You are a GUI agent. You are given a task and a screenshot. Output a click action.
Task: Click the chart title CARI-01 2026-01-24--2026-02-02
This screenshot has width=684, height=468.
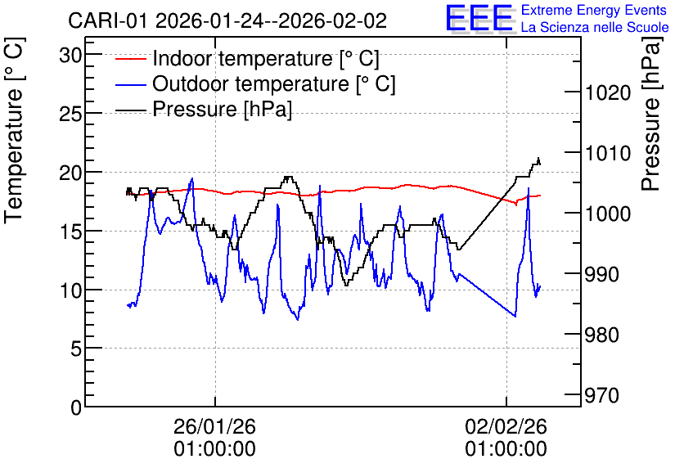pyautogui.click(x=227, y=20)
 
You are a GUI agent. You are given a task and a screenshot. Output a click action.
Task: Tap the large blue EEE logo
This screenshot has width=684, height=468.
pyautogui.click(x=480, y=18)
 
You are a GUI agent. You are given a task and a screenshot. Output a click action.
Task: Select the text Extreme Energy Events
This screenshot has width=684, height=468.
pyautogui.click(x=594, y=10)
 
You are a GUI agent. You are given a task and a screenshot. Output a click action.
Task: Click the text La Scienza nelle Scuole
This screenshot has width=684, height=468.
pyautogui.click(x=595, y=27)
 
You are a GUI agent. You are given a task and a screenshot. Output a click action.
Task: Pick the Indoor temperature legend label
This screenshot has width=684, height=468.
pyautogui.click(x=266, y=58)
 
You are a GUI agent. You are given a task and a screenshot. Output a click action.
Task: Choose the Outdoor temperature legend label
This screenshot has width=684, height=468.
pyautogui.click(x=274, y=83)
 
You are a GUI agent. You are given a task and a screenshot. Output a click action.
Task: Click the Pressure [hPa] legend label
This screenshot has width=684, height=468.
pyautogui.click(x=222, y=109)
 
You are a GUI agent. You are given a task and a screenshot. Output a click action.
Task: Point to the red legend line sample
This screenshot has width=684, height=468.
pyautogui.click(x=131, y=58)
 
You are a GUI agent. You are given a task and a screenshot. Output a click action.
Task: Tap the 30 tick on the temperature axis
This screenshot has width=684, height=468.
pyautogui.click(x=70, y=55)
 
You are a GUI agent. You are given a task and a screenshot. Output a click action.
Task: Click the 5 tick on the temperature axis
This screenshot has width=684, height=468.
pyautogui.click(x=76, y=349)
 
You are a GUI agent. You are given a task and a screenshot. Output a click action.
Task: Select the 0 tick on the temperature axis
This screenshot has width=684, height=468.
pyautogui.click(x=76, y=407)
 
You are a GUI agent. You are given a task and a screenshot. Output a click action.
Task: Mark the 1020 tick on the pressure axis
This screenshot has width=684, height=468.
pyautogui.click(x=608, y=92)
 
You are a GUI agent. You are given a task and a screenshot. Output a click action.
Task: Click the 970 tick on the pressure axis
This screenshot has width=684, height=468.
pyautogui.click(x=602, y=395)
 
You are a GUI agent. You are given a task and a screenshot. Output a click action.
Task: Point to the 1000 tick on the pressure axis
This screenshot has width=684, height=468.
pyautogui.click(x=608, y=214)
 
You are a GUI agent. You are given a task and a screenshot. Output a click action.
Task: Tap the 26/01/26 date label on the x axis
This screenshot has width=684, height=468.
pyautogui.click(x=214, y=426)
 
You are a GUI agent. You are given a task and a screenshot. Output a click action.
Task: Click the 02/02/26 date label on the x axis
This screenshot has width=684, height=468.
pyautogui.click(x=506, y=426)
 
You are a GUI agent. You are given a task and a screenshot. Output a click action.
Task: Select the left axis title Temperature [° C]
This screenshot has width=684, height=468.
pyautogui.click(x=14, y=131)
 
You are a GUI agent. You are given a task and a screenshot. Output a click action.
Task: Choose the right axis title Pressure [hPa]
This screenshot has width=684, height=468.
pyautogui.click(x=652, y=114)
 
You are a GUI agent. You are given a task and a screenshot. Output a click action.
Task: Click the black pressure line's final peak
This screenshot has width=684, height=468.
pyautogui.click(x=538, y=158)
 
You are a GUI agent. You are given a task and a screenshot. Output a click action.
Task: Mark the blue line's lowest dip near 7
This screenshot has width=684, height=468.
pyautogui.click(x=298, y=320)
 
